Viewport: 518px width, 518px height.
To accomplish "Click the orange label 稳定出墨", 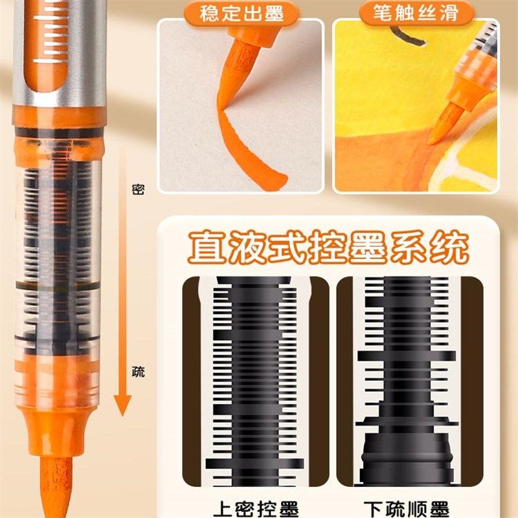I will click(241, 14).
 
